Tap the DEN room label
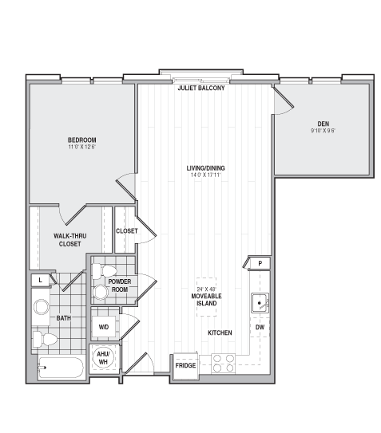click(323, 123)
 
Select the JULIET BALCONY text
click(201, 88)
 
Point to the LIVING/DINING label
click(205, 167)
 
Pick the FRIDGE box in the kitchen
click(186, 365)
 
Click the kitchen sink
click(260, 303)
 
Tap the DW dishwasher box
click(260, 328)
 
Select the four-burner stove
click(224, 363)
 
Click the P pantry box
click(260, 263)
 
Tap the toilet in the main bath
click(46, 340)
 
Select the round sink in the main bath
click(42, 308)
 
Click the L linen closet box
click(40, 280)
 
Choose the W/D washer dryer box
click(104, 327)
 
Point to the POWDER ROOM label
click(119, 285)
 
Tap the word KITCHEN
click(220, 333)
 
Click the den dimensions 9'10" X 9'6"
click(323, 131)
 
